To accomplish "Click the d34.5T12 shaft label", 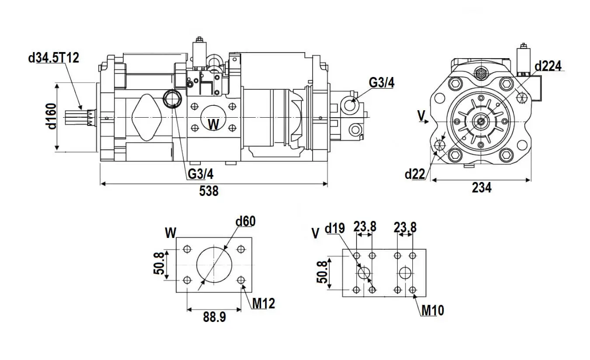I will click(x=53, y=57).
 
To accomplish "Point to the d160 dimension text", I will click(x=52, y=116).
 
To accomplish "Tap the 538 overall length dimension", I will click(x=209, y=191).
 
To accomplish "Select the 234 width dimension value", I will click(x=482, y=188).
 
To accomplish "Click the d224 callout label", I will click(x=548, y=66).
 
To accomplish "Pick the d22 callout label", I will click(x=415, y=174).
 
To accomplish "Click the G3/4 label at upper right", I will click(x=381, y=83).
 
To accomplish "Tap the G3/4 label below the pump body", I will click(x=201, y=174).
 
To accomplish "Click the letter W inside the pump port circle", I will click(x=213, y=125).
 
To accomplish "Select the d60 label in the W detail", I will click(x=245, y=221).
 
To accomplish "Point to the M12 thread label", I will click(x=264, y=303).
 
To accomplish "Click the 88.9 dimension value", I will click(x=214, y=317).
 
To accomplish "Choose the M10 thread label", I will click(x=433, y=311).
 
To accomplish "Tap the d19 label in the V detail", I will click(x=335, y=228).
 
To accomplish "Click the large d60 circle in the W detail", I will click(x=214, y=265).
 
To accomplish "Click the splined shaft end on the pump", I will click(x=79, y=119).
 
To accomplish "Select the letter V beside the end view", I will click(x=421, y=116).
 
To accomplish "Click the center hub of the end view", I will click(x=481, y=121).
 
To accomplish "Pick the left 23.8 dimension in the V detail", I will click(x=364, y=227).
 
